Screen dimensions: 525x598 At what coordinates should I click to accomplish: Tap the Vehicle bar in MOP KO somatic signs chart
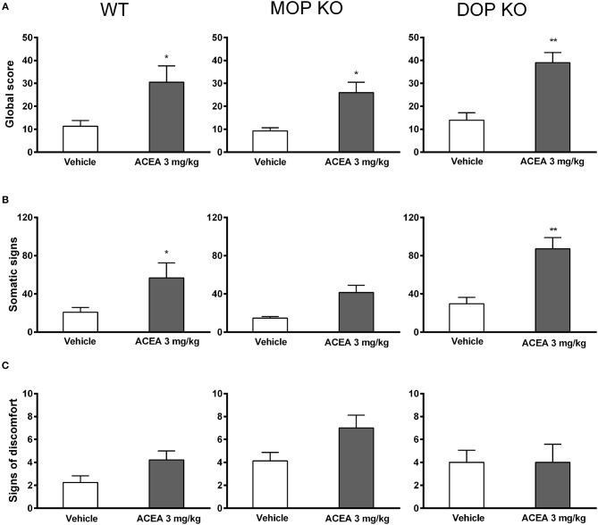point(269,325)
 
